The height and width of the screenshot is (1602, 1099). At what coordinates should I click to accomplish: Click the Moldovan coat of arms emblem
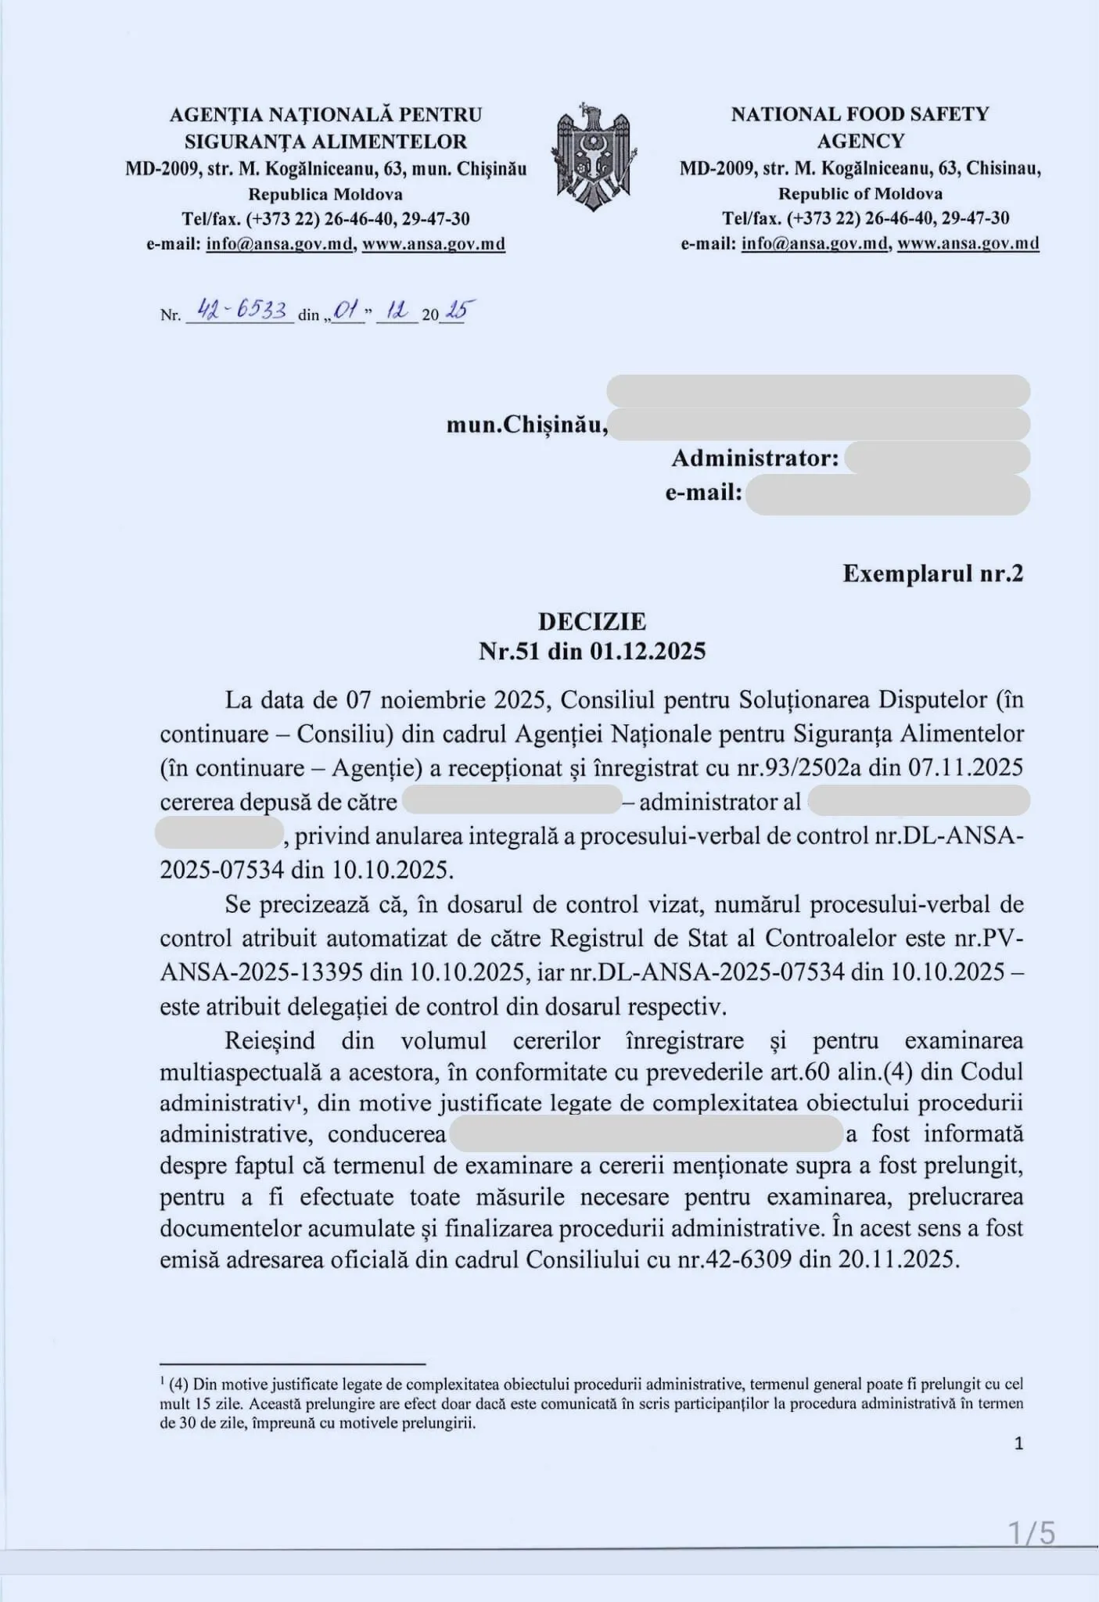tap(592, 156)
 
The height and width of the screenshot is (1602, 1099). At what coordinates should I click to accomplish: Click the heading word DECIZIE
tap(591, 622)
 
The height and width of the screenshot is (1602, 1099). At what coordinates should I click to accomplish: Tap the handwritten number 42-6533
tap(241, 311)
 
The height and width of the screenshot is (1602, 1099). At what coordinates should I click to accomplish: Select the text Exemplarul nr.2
tap(932, 573)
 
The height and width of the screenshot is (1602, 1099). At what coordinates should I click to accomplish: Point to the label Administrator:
tap(755, 458)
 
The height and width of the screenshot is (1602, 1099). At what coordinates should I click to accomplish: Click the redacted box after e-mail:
tap(887, 494)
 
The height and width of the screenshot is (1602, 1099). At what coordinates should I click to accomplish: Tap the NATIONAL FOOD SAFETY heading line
tap(860, 114)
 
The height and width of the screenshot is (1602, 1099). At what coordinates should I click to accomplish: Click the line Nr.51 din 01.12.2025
tap(591, 651)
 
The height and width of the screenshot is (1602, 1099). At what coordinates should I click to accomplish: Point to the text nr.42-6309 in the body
tap(734, 1259)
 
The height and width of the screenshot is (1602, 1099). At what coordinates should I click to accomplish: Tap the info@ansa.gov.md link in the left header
tap(280, 244)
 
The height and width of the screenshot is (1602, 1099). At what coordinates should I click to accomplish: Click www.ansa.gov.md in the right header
tap(968, 243)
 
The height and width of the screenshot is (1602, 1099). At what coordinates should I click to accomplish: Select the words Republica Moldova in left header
tap(325, 194)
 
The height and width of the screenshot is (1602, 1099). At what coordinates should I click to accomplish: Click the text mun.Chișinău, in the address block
tap(527, 425)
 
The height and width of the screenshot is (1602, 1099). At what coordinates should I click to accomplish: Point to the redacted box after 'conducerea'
tap(647, 1134)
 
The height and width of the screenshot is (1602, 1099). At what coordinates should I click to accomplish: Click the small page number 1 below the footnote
tap(1018, 1443)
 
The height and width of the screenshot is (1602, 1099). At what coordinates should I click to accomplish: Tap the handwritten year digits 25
tap(455, 312)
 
